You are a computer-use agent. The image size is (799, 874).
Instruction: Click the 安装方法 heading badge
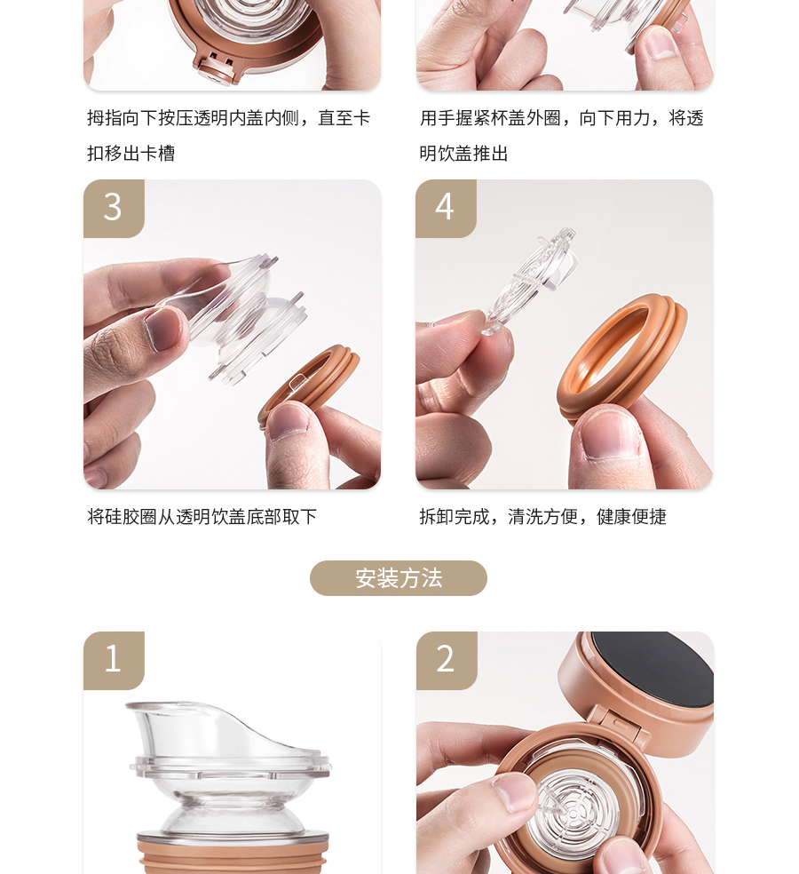pos(399,578)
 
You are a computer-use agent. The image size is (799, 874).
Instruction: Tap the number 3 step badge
pos(114,208)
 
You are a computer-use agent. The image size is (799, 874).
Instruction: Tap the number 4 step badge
pos(446,208)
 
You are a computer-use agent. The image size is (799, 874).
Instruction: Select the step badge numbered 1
pos(114,660)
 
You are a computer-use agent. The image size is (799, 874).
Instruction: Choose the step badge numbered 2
pos(447,660)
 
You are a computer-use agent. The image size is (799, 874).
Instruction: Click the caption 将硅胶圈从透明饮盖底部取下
pos(202,517)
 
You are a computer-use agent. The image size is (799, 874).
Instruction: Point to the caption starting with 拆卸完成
pos(542,517)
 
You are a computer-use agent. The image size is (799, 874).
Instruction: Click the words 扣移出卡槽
pos(131,153)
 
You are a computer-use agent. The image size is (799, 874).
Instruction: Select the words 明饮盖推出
pos(463,153)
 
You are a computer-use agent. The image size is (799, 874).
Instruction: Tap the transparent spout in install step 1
pos(230,769)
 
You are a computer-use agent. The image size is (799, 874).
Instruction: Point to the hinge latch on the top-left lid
pos(215,68)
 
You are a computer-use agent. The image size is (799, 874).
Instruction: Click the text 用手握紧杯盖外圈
pos(490,117)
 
